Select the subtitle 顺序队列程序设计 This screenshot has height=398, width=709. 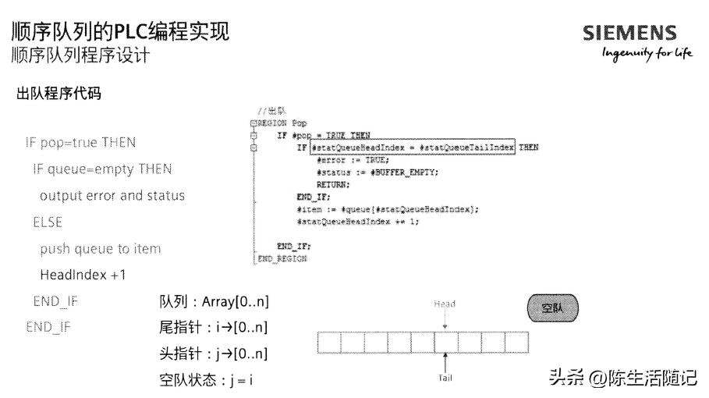80,55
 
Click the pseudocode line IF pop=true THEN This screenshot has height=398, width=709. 80,143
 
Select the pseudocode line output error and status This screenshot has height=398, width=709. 112,195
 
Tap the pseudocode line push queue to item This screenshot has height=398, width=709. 101,248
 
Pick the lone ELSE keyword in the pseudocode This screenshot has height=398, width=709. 48,222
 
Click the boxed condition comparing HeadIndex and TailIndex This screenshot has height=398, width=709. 413,147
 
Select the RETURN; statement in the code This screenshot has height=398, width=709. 333,184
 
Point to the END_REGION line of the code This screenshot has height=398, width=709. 282,258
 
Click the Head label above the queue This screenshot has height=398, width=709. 444,304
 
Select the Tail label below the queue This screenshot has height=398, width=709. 444,378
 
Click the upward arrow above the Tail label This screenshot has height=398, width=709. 444,362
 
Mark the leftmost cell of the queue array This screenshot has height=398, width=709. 330,342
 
